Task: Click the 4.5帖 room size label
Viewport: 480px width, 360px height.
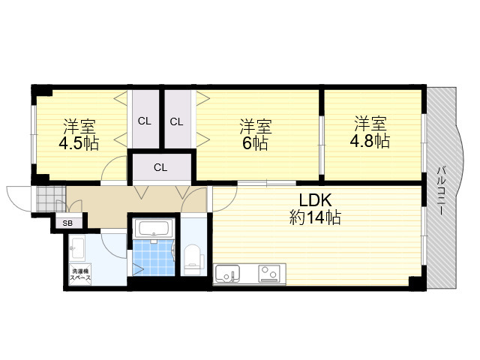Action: (x=79, y=142)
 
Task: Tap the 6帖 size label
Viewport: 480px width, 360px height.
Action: (x=255, y=143)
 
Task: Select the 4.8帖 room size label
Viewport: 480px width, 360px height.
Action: (x=370, y=141)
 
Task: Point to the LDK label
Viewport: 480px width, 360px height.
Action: (x=315, y=200)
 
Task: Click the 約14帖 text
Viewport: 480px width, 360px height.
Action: (x=315, y=217)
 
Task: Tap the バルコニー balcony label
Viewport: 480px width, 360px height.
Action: (x=441, y=190)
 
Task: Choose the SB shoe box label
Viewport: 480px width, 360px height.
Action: (x=67, y=223)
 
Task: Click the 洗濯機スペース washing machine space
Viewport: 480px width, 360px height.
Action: (x=80, y=275)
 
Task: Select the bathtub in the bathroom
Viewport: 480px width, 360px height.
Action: (x=153, y=228)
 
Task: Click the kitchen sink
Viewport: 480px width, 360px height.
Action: (x=227, y=273)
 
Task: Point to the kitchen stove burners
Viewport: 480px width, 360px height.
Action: (x=269, y=273)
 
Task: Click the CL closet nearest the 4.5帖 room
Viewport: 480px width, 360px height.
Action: (x=145, y=121)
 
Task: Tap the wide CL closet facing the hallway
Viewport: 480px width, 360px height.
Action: (x=161, y=167)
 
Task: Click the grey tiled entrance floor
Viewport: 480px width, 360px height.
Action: (x=51, y=199)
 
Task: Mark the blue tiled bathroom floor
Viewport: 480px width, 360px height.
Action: (x=154, y=257)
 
